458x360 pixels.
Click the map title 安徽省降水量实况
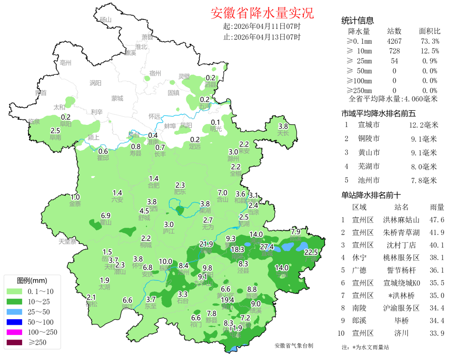[x=262, y=13]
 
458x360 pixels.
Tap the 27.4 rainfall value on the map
[x=267, y=247]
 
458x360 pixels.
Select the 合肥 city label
[x=154, y=185]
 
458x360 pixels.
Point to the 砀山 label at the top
[x=105, y=20]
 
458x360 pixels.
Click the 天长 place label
[x=283, y=133]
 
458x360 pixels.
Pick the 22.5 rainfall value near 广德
[x=311, y=252]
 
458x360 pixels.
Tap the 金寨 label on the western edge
[x=75, y=203]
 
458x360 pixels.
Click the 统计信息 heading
[x=357, y=20]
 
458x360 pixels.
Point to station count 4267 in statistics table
[x=394, y=41]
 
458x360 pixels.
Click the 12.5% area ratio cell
[x=430, y=51]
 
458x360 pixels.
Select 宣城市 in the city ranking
[x=369, y=125]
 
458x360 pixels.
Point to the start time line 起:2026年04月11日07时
[x=262, y=26]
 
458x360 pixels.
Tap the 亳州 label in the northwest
[x=66, y=63]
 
